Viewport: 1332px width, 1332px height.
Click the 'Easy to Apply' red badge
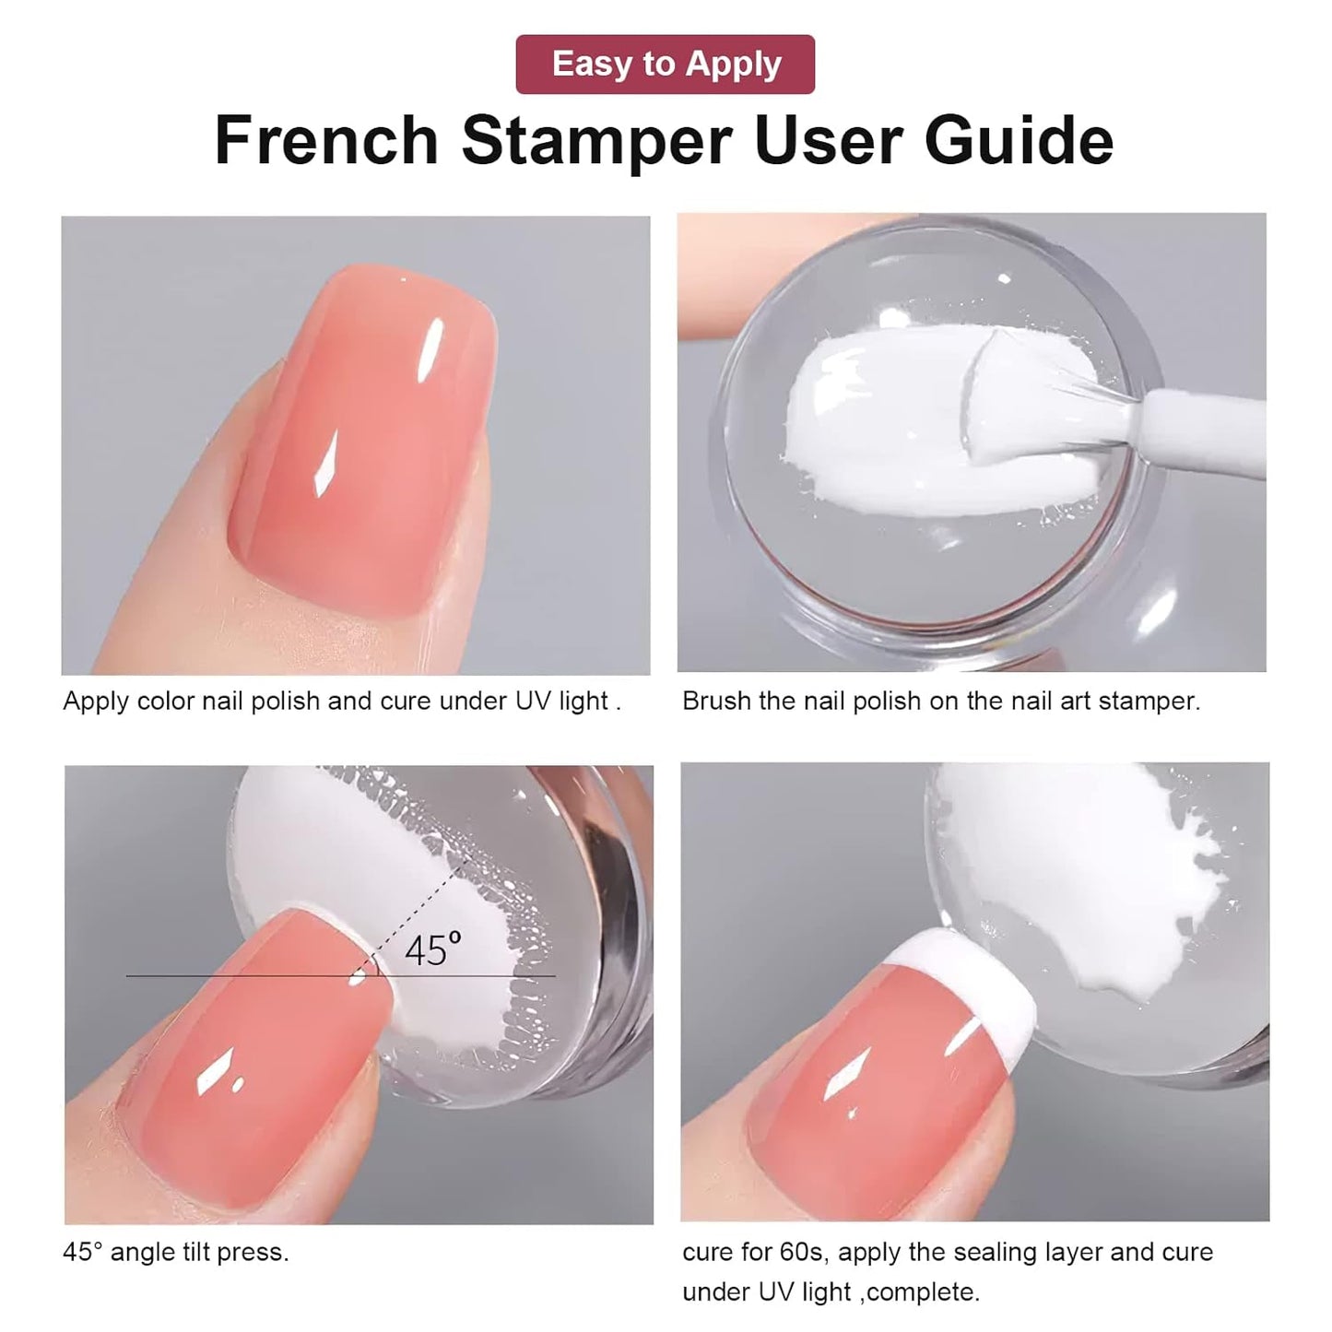(665, 65)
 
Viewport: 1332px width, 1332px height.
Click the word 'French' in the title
(326, 140)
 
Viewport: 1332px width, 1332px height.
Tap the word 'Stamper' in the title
(596, 140)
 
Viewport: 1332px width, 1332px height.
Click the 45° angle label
(432, 949)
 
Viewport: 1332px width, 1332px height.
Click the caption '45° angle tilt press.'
(176, 1252)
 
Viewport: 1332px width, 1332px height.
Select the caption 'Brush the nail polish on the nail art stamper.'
(941, 701)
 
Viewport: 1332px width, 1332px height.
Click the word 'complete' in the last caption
(922, 1291)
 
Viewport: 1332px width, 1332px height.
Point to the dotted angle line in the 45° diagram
(419, 908)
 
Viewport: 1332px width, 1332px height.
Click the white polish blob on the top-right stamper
(876, 406)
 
